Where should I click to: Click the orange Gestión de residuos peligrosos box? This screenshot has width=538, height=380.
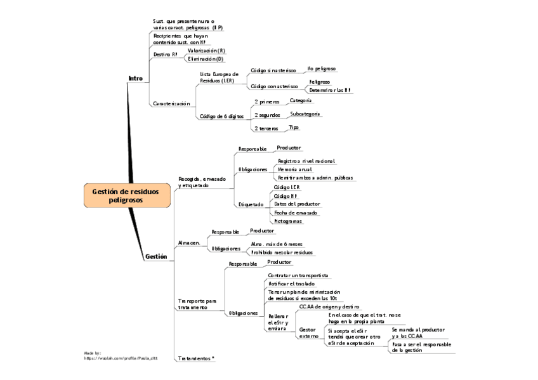point(127,195)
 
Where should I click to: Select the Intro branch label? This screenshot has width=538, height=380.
point(135,79)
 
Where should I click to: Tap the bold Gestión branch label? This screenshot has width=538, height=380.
point(156,257)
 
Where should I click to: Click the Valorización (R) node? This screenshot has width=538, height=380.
point(206,50)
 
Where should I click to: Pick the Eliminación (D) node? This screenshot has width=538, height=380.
point(206,59)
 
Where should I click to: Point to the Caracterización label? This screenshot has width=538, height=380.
point(171,103)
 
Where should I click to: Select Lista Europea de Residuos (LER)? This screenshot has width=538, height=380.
point(219,77)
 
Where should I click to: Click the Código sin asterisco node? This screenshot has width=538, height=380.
point(273,70)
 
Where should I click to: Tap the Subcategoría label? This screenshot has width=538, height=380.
point(305,114)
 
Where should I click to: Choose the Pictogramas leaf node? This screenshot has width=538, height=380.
point(288,221)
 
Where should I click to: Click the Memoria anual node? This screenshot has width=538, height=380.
point(294,169)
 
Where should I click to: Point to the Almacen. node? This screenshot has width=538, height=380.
point(189,243)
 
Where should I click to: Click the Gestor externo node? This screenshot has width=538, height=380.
point(308,332)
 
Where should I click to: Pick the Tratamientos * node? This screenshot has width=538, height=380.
point(196,358)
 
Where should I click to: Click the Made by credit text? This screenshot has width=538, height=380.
point(121,355)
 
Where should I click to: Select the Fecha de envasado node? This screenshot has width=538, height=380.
point(296,213)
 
